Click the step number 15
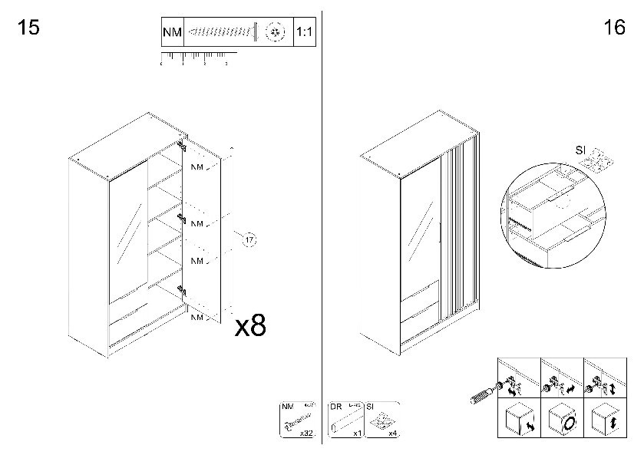[x=28, y=28]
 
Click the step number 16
[x=615, y=28]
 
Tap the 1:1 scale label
[x=305, y=33]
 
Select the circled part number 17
[x=249, y=241]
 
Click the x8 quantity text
[x=250, y=326]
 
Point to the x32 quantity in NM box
[x=306, y=434]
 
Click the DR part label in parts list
[x=335, y=407]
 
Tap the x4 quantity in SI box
[x=392, y=434]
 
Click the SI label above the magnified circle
[x=581, y=149]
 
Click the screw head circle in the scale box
[x=274, y=32]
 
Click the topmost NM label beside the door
[x=197, y=167]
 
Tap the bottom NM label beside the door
[x=197, y=316]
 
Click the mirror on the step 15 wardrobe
[x=124, y=231]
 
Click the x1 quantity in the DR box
[x=357, y=434]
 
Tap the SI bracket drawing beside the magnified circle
[x=597, y=161]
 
